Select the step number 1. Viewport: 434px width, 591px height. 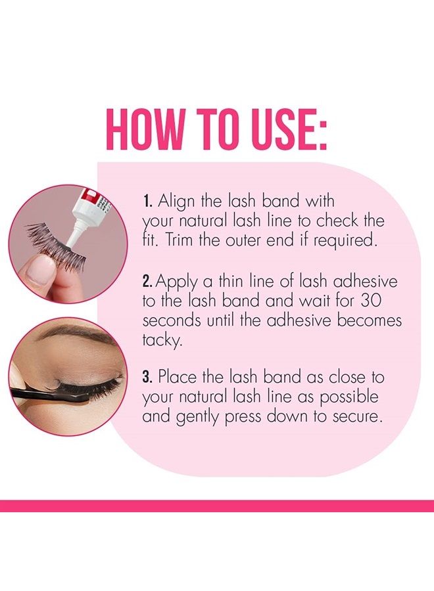[x=147, y=200]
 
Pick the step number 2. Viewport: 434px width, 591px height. [x=148, y=282]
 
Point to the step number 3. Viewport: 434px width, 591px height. [x=148, y=378]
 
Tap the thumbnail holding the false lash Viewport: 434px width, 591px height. [x=40, y=267]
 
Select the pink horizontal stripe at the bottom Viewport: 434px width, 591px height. [x=217, y=506]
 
